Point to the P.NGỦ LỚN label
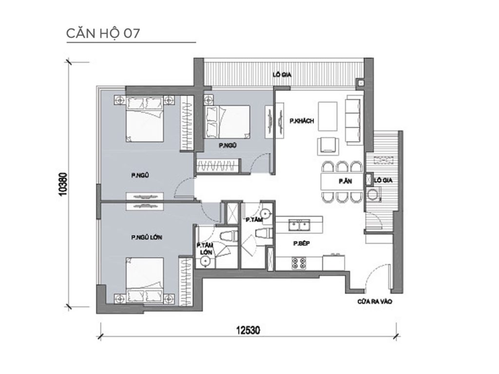coord(147,238)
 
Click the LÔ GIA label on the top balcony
coord(282,75)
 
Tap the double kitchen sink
coord(300,225)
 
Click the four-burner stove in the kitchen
coord(298,263)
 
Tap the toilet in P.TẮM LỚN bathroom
coord(227,237)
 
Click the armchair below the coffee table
coord(326,145)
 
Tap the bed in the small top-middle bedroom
coord(227,121)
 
